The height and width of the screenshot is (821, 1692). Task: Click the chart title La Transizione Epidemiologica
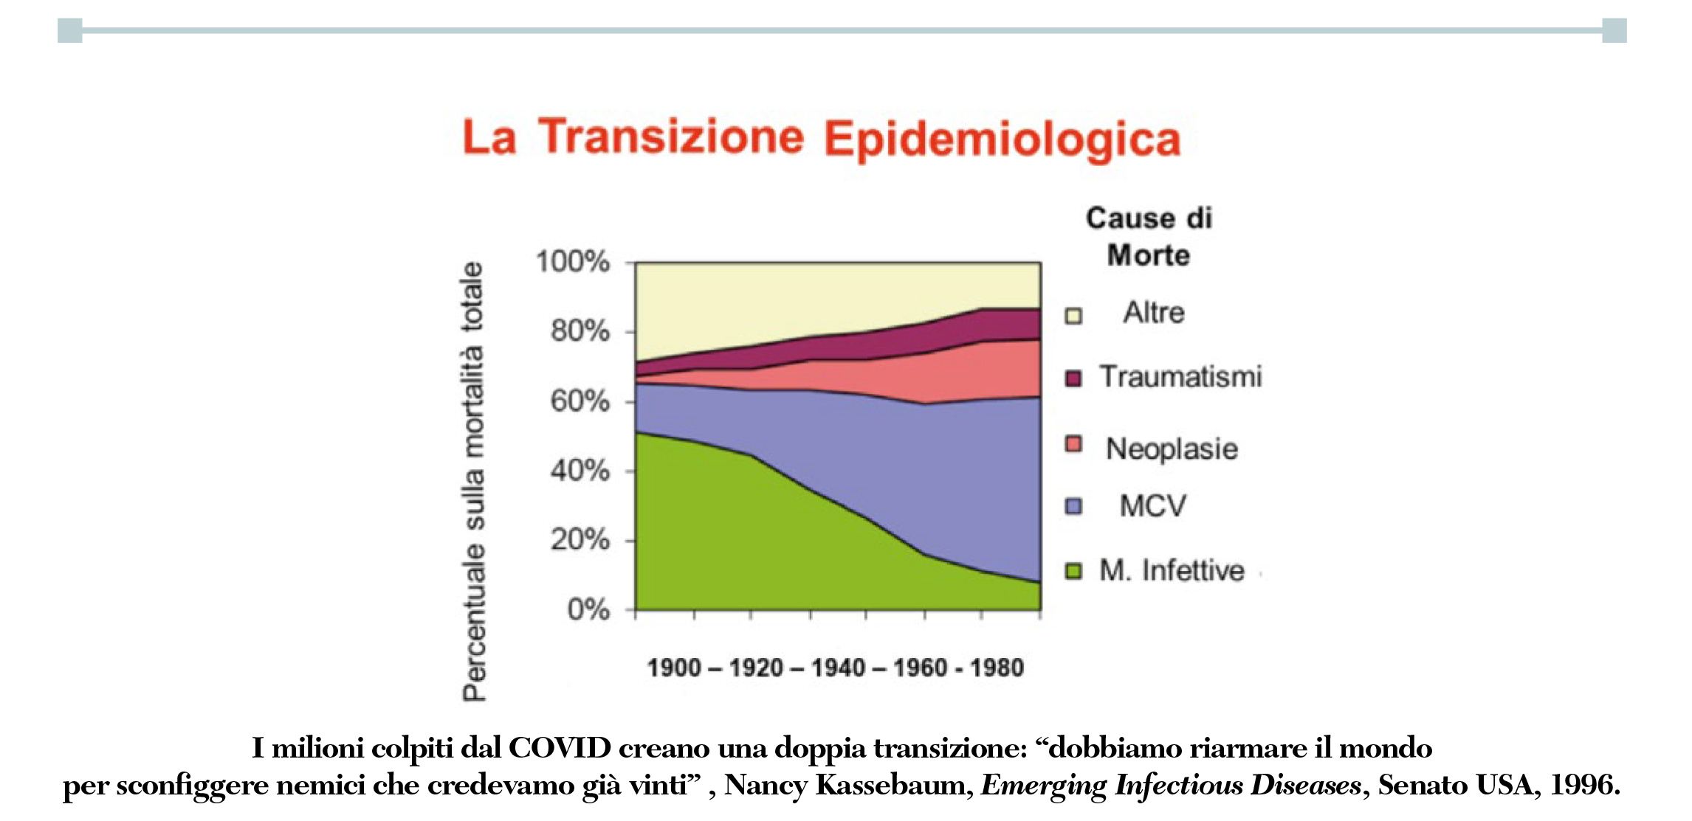[x=821, y=138]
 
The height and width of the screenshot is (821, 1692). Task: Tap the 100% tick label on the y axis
[x=573, y=262]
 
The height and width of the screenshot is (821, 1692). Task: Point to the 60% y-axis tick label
[x=580, y=401]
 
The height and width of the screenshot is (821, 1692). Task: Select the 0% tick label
[x=588, y=610]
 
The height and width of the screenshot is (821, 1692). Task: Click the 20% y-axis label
[x=580, y=540]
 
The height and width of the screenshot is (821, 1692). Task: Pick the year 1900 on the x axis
[x=674, y=668]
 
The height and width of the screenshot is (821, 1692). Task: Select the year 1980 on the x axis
[x=997, y=668]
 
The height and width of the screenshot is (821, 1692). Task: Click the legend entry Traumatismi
[x=1180, y=377]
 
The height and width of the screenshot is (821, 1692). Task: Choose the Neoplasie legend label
[x=1172, y=448]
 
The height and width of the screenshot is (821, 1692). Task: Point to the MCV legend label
[x=1152, y=506]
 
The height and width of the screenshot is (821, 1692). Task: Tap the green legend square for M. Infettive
[x=1073, y=571]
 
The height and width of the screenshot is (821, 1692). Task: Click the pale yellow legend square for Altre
[x=1073, y=316]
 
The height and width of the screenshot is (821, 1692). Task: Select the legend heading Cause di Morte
[x=1149, y=236]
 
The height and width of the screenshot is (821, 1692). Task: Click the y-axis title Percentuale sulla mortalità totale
[x=473, y=481]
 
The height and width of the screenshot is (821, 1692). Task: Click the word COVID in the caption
[x=560, y=748]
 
